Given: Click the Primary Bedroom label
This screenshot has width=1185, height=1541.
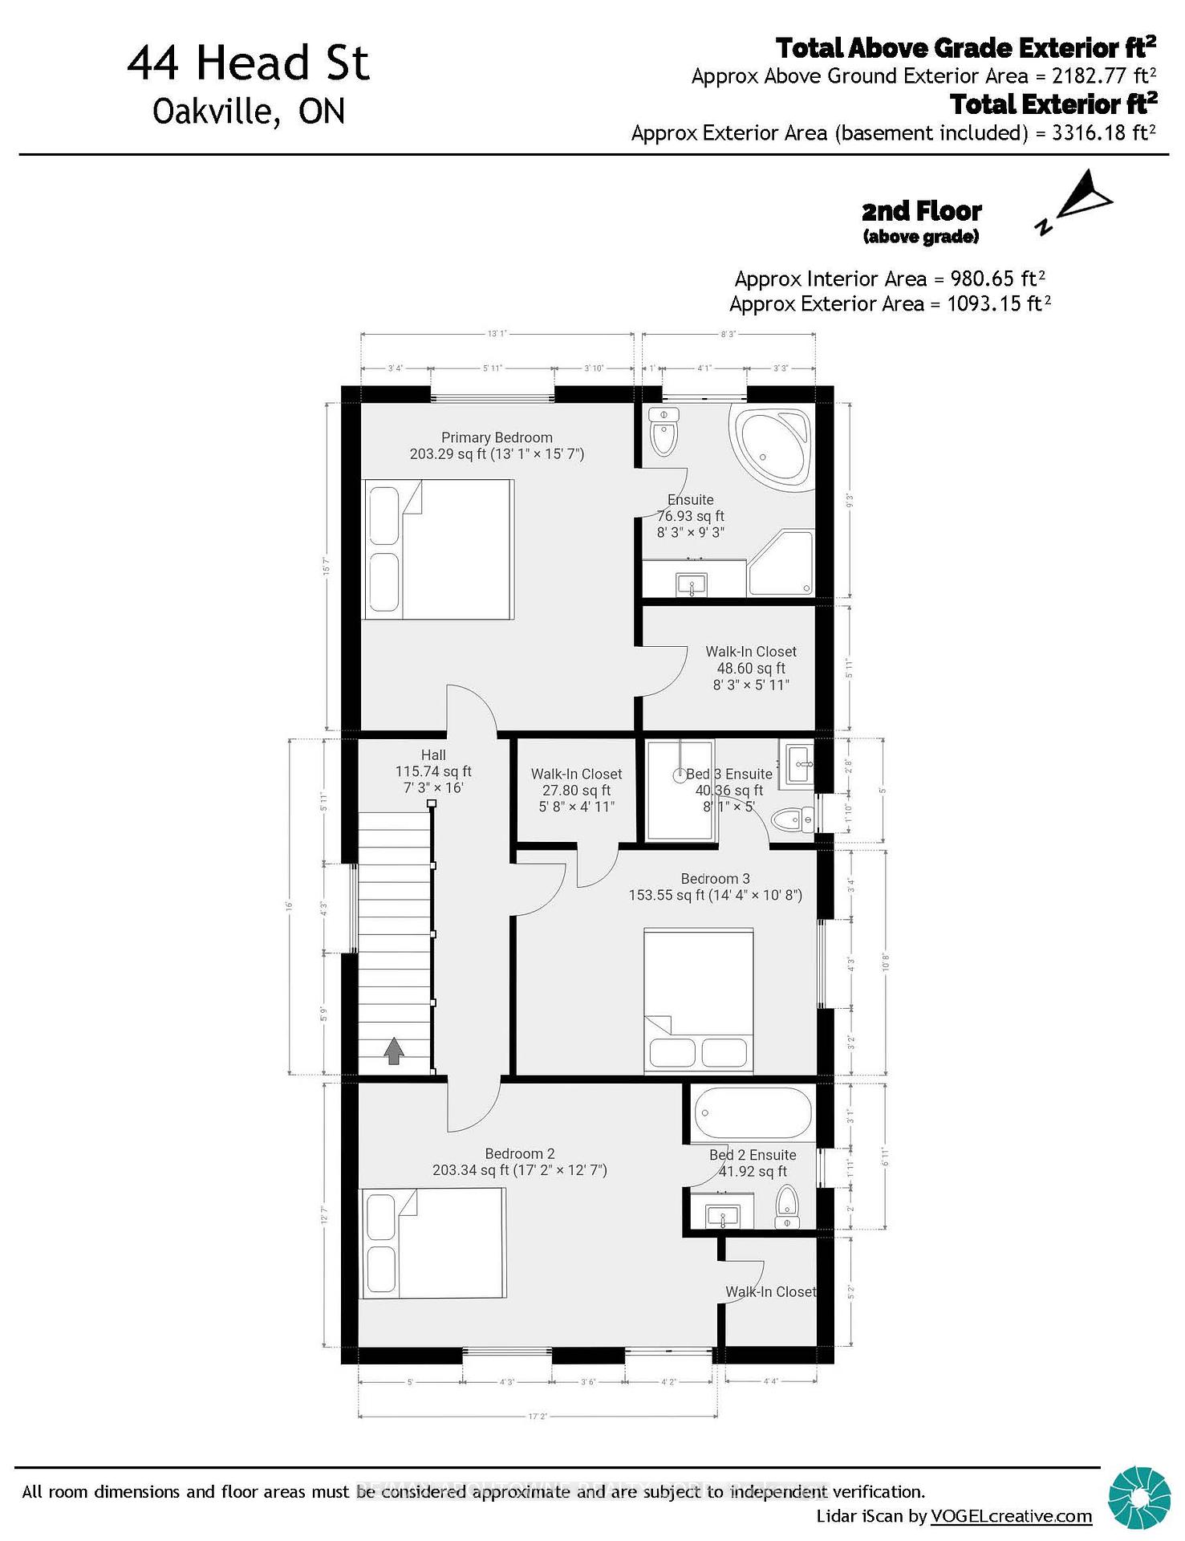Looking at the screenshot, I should coord(497,437).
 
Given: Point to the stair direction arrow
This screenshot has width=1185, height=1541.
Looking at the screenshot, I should coord(393,1051).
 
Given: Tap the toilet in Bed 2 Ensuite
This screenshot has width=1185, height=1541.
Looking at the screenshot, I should coord(787,1206).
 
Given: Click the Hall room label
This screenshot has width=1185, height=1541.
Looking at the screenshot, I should coord(433,754).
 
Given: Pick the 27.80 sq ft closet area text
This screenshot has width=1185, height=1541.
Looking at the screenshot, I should coord(576,791).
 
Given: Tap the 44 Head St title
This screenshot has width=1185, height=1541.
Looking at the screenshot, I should coord(248,63).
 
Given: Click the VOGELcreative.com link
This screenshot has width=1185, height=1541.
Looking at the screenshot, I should coord(1011,1516).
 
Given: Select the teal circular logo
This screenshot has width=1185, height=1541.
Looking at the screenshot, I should coord(1138,1498).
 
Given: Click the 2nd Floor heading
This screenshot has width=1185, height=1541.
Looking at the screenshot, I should coord(921,211).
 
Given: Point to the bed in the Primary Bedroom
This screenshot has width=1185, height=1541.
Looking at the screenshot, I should coord(438,550).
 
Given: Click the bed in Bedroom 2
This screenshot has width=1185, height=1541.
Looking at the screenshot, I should coord(432,1243).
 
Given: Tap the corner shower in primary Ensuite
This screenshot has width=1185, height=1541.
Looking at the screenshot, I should coord(781,563).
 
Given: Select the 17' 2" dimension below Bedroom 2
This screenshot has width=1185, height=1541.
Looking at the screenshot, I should coord(538,1417).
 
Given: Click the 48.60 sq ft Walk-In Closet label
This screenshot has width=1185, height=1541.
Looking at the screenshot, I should coord(751,668).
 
